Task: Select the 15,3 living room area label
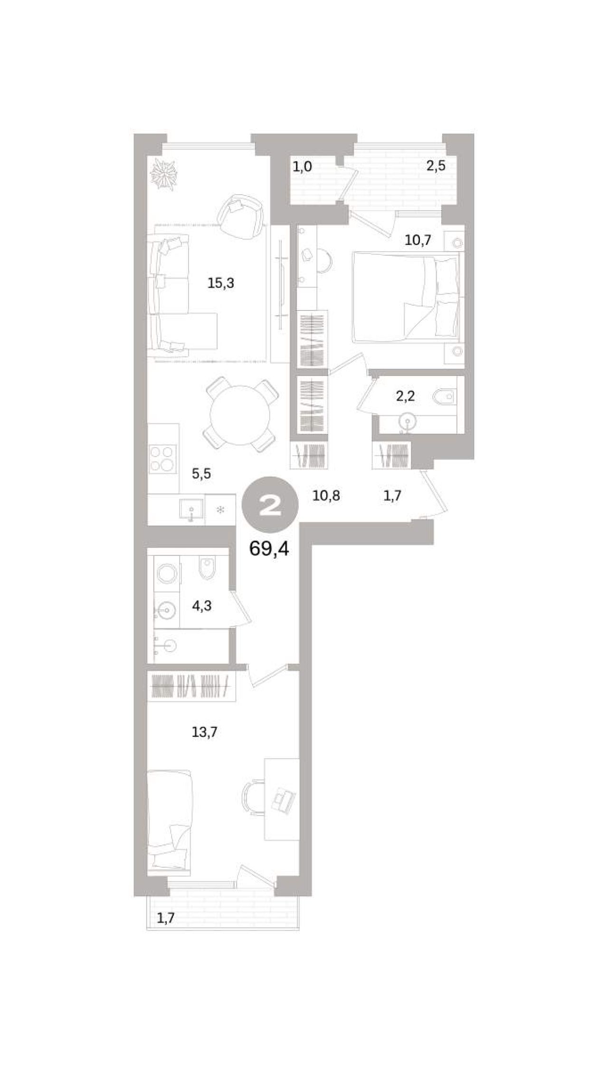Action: tap(221, 283)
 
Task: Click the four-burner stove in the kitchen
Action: tap(163, 459)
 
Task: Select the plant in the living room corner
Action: tap(163, 174)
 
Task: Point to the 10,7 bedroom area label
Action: tap(418, 240)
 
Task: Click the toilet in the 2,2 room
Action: tap(445, 395)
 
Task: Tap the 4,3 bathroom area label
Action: tap(201, 606)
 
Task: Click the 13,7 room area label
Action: tap(204, 732)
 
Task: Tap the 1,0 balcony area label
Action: tap(302, 167)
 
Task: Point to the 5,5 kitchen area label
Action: tap(201, 473)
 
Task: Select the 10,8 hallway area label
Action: tap(326, 496)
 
